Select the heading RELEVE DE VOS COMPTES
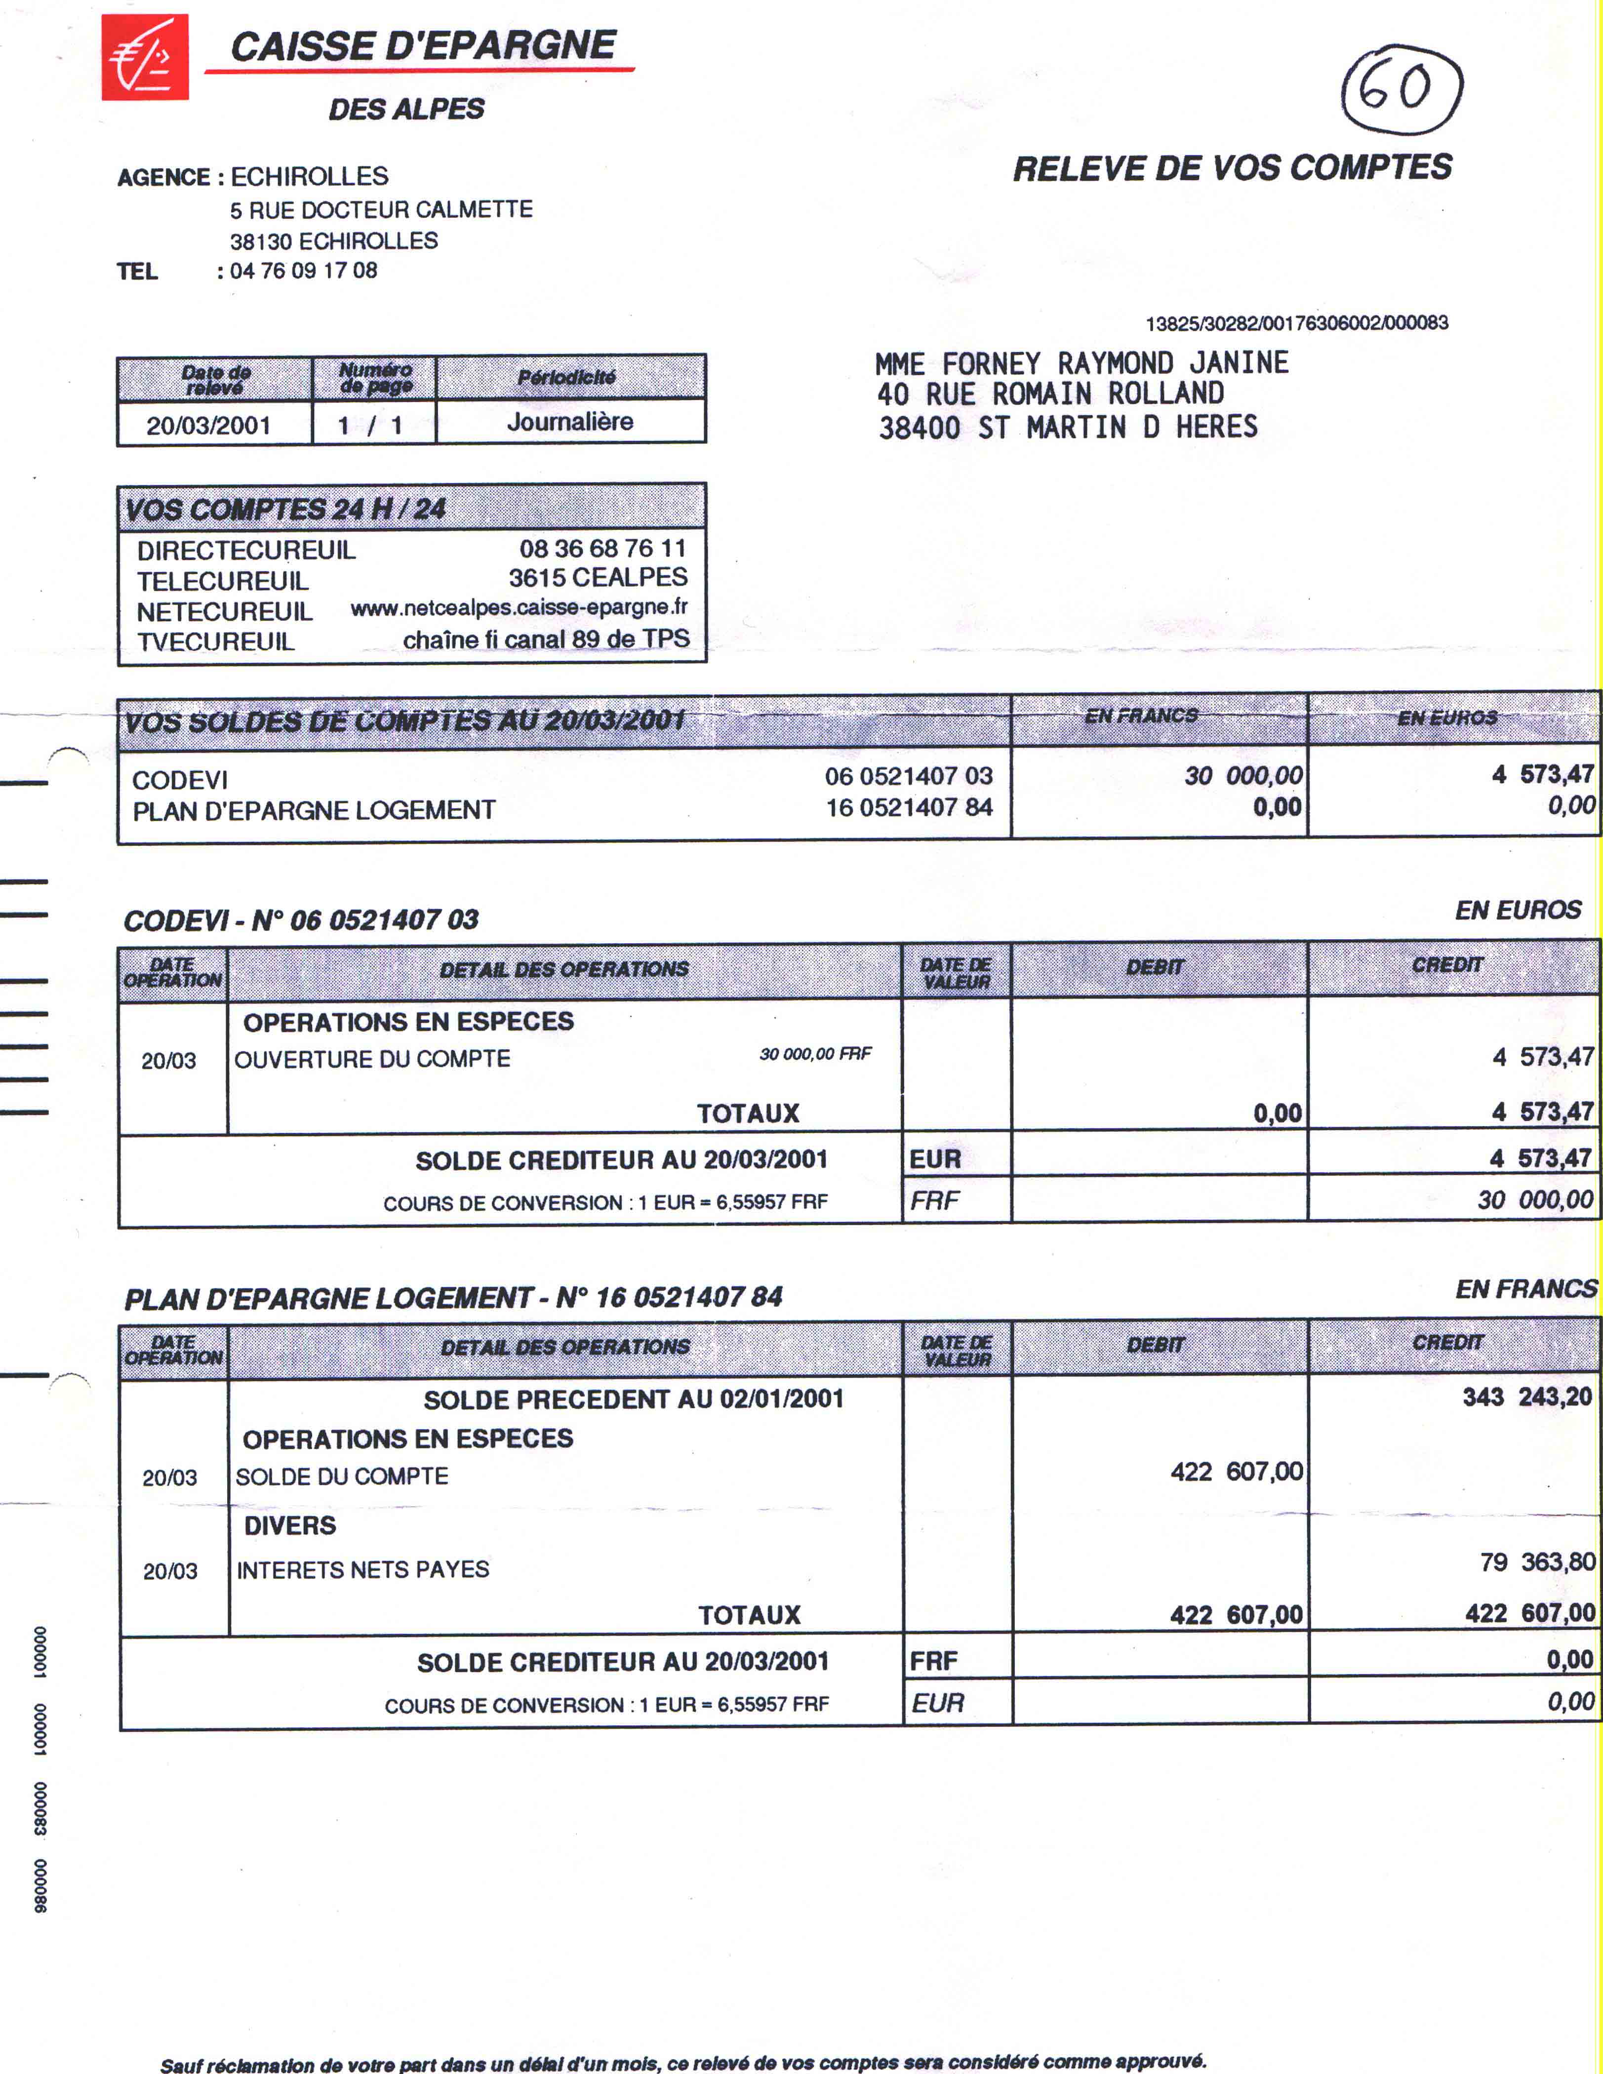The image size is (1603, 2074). pos(1232,168)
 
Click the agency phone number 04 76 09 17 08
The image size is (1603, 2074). pos(303,271)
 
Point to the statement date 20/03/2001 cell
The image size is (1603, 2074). pos(209,425)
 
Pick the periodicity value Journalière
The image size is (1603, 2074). pos(570,422)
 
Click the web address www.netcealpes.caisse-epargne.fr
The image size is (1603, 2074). pos(519,608)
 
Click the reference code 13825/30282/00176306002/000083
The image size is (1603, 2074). pos(1296,323)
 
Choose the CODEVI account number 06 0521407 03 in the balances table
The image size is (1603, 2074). pos(908,776)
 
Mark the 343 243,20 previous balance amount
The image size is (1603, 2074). pos(1526,1397)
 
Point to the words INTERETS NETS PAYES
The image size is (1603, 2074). pos(363,1570)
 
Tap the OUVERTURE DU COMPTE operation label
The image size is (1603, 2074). pos(372,1059)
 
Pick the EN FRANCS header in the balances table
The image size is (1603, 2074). pos(1141,716)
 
